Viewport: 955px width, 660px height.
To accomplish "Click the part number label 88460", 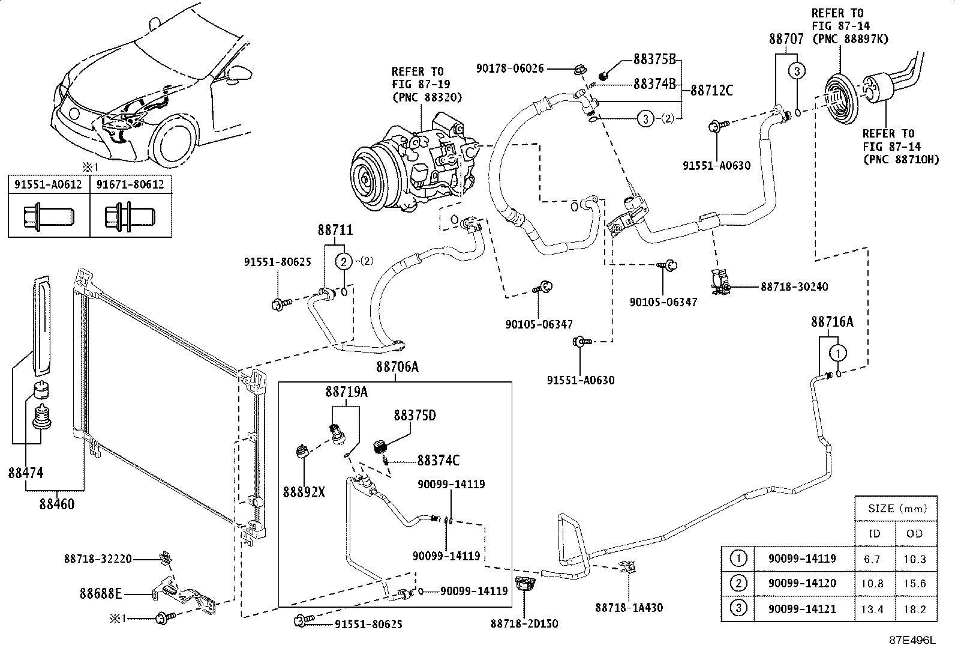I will coord(58,504).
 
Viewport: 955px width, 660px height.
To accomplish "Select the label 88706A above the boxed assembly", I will coord(397,367).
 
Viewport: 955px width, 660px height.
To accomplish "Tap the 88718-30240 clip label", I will coord(794,287).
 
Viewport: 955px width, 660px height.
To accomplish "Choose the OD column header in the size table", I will coord(915,534).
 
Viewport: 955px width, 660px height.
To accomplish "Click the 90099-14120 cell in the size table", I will coord(801,584).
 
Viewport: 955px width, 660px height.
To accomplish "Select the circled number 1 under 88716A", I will coord(839,352).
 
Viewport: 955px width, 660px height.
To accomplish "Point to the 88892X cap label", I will coord(305,492).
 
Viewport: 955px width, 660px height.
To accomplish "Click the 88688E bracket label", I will coord(101,594).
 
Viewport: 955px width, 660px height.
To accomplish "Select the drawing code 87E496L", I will coord(912,640).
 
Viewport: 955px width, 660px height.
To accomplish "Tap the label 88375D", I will coord(415,416).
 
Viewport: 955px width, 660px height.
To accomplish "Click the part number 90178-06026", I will coord(510,69).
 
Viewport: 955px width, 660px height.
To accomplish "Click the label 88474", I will coord(26,473).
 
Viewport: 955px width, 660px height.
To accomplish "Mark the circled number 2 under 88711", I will coord(343,261).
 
